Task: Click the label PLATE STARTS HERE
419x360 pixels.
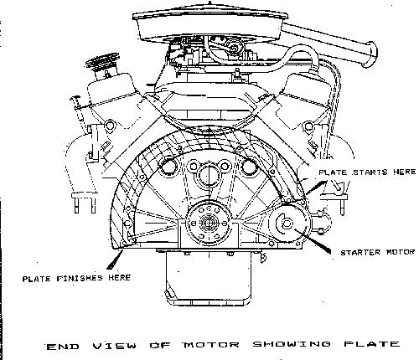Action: point(367,172)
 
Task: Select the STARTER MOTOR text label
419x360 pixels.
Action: point(377,253)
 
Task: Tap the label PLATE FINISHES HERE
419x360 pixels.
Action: point(76,278)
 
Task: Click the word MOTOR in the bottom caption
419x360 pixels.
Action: point(211,345)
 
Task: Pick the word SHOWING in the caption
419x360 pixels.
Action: point(292,344)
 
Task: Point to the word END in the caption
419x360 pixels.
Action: point(63,347)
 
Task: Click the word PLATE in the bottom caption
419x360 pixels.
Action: point(371,344)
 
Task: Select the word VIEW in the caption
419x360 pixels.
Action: point(115,347)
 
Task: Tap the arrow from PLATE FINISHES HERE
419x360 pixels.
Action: point(115,260)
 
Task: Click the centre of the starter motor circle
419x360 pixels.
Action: point(287,224)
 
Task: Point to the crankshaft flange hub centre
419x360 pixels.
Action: point(209,223)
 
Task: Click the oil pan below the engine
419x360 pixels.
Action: point(209,278)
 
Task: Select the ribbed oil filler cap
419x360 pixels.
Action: point(102,61)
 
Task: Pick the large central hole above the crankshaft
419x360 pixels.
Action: point(209,175)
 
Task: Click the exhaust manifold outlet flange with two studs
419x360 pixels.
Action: point(84,202)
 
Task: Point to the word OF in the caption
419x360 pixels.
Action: point(159,346)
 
